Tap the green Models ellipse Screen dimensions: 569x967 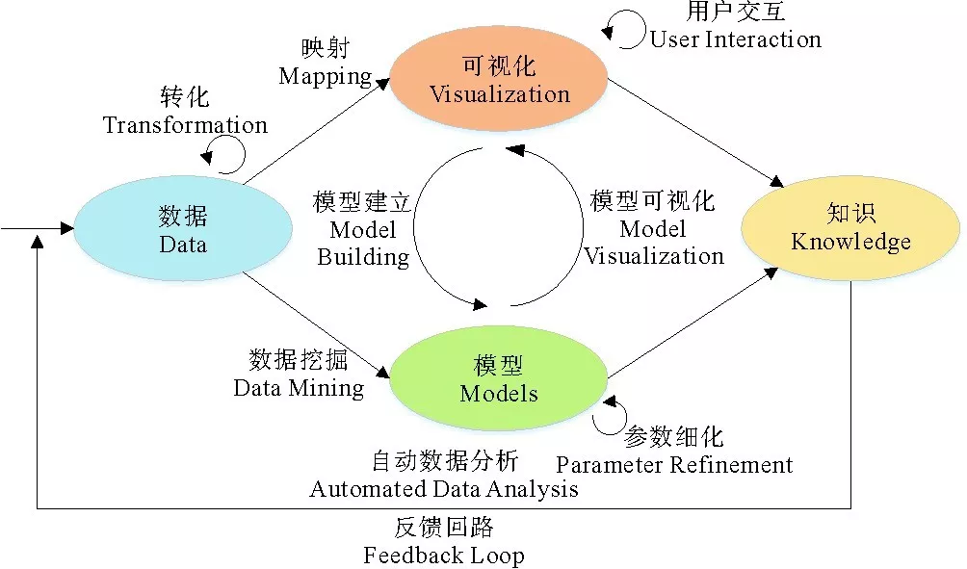tap(498, 379)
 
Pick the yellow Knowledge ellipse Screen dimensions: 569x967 tap(850, 227)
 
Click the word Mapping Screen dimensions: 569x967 tap(325, 75)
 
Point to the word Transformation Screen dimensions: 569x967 tap(185, 125)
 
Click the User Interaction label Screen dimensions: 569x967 tap(735, 39)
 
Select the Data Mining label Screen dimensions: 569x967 tap(299, 388)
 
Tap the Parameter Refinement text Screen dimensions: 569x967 tap(674, 465)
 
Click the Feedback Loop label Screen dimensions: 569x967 tap(444, 556)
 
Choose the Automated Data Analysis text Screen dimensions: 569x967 tap(444, 488)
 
